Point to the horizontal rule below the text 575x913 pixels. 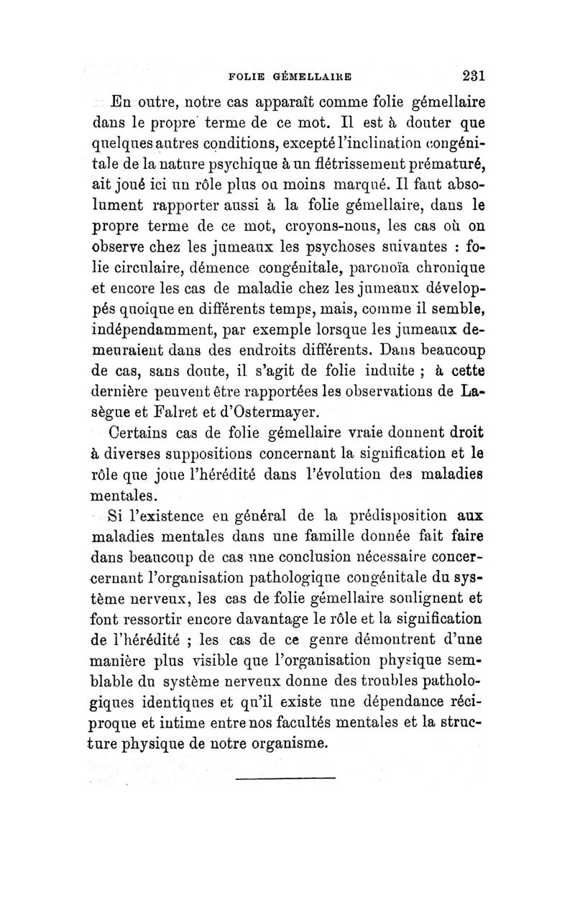[286, 778]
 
